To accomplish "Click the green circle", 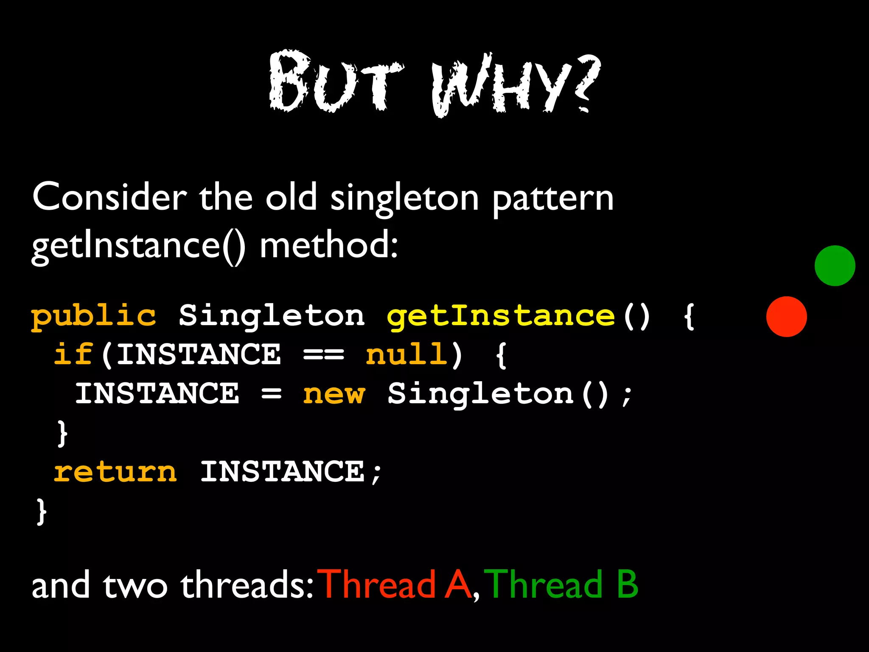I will coord(835,266).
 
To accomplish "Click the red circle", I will coord(786,317).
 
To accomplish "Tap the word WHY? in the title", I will coord(516,85).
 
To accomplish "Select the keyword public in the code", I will coord(94,316).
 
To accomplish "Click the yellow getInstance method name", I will coord(501,316).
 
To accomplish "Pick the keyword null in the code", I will coord(406,355).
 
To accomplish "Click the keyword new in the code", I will coord(334,394).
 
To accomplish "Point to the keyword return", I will coord(115,472).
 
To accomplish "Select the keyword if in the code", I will coord(73,354).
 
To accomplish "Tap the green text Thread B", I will coord(561,585).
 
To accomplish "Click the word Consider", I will coord(109,197).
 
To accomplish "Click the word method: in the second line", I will coord(329,246).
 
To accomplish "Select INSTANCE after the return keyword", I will coord(282,472).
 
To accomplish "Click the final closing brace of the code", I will coord(41,511).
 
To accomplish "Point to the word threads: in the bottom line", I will coord(247,585).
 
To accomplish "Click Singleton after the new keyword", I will coord(481,394).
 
